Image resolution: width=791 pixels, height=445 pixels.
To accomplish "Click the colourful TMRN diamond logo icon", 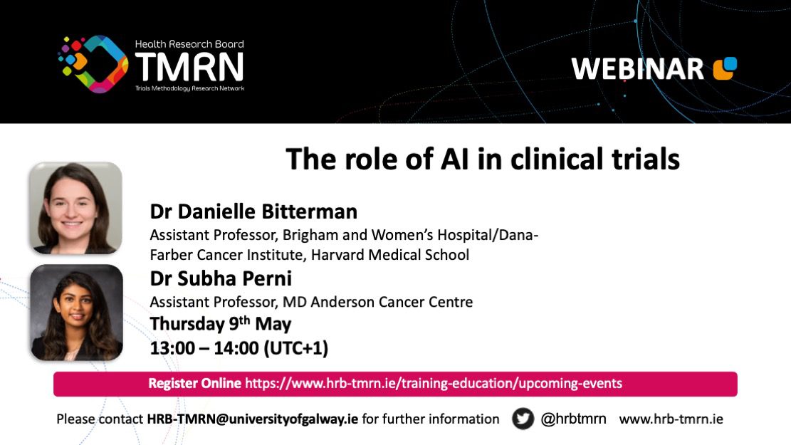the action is click(93, 64).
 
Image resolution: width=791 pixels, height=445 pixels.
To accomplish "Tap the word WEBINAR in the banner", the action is click(638, 68).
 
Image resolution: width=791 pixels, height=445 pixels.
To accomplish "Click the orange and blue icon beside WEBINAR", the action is click(725, 68).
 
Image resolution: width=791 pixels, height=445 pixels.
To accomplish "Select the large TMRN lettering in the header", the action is click(189, 67).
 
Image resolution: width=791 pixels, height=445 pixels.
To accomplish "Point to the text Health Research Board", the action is click(189, 44).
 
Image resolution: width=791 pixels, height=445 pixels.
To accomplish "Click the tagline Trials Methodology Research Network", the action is click(189, 88).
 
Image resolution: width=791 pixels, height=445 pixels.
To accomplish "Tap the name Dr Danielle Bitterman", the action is click(253, 211).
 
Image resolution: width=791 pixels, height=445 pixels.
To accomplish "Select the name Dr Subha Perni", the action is click(221, 278).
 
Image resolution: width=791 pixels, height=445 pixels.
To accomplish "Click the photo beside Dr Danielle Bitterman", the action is click(75, 208).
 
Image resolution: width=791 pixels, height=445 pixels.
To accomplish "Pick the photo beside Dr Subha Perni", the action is click(76, 313).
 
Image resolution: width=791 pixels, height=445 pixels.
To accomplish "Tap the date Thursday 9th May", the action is click(221, 323).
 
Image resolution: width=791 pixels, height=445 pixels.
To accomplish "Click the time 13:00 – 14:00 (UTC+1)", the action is click(239, 347).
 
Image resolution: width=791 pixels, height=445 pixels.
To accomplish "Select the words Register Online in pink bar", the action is click(194, 384).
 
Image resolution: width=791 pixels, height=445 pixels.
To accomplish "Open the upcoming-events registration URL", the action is click(434, 384).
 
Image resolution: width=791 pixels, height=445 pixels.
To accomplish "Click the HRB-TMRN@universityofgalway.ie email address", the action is click(252, 419).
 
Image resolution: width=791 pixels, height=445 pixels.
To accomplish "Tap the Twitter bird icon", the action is click(523, 419).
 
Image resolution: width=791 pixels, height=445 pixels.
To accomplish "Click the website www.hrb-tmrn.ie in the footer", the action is click(671, 419).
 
